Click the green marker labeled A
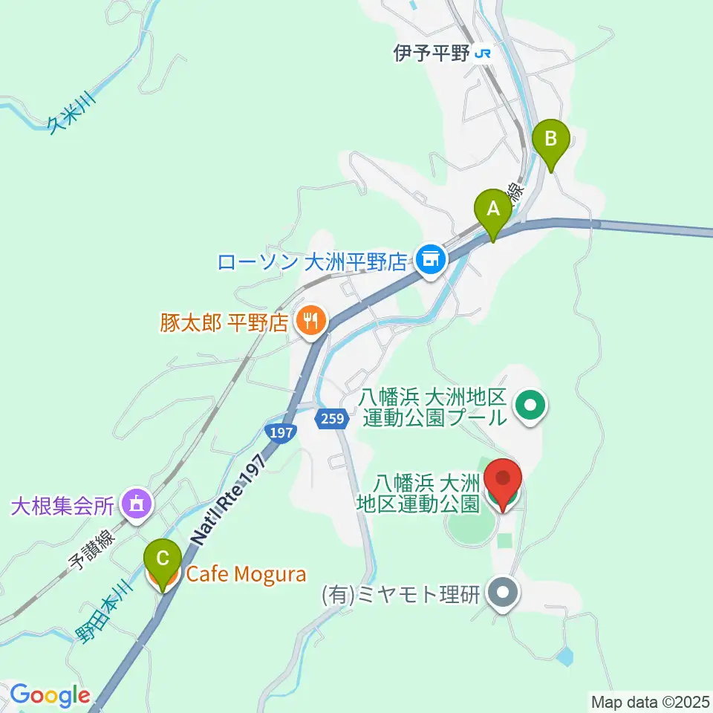click(x=493, y=209)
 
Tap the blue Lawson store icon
click(x=430, y=260)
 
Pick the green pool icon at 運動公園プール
click(x=532, y=406)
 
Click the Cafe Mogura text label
click(x=235, y=573)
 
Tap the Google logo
click(x=49, y=695)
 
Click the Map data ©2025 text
click(x=651, y=701)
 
